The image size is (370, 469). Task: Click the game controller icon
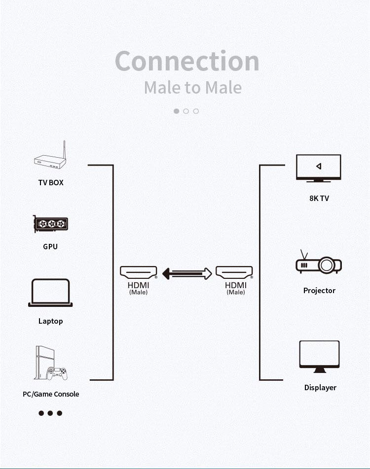tap(57, 373)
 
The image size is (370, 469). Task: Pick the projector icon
tap(319, 265)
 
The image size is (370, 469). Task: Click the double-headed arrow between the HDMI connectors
tap(187, 273)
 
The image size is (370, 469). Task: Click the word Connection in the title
tap(187, 61)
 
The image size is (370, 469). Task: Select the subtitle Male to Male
tap(192, 88)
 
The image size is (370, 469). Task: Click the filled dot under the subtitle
tap(176, 111)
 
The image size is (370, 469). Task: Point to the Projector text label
tap(319, 291)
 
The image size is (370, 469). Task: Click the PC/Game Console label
tap(51, 394)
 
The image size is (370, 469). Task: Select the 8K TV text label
tap(319, 199)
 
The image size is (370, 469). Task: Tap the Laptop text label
tap(51, 321)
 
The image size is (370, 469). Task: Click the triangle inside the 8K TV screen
tap(318, 166)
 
